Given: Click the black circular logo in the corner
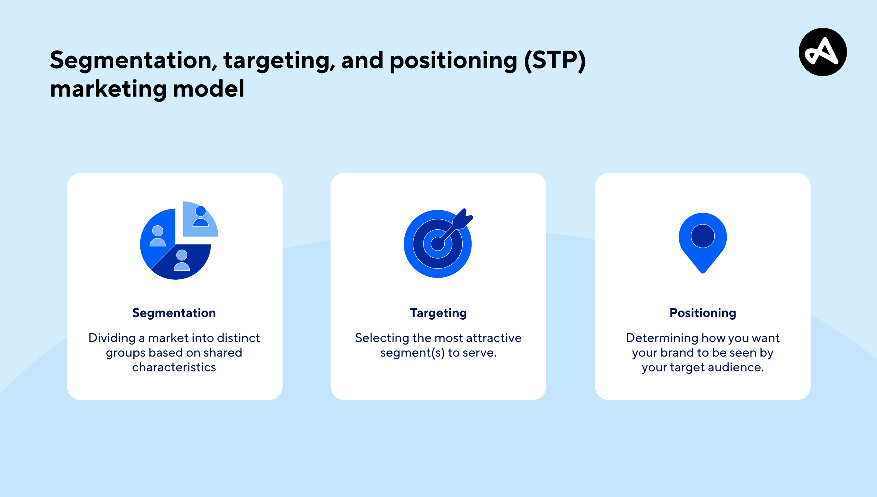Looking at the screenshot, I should pos(822,52).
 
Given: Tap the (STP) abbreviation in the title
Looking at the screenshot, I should pos(555,61).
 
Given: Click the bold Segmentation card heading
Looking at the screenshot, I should pos(174,313).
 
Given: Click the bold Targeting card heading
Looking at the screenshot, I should pos(438,313).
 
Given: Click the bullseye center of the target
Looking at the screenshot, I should pos(437,244).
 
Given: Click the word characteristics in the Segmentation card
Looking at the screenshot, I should pos(174,367).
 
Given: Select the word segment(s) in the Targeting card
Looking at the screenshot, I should pos(412,353).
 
